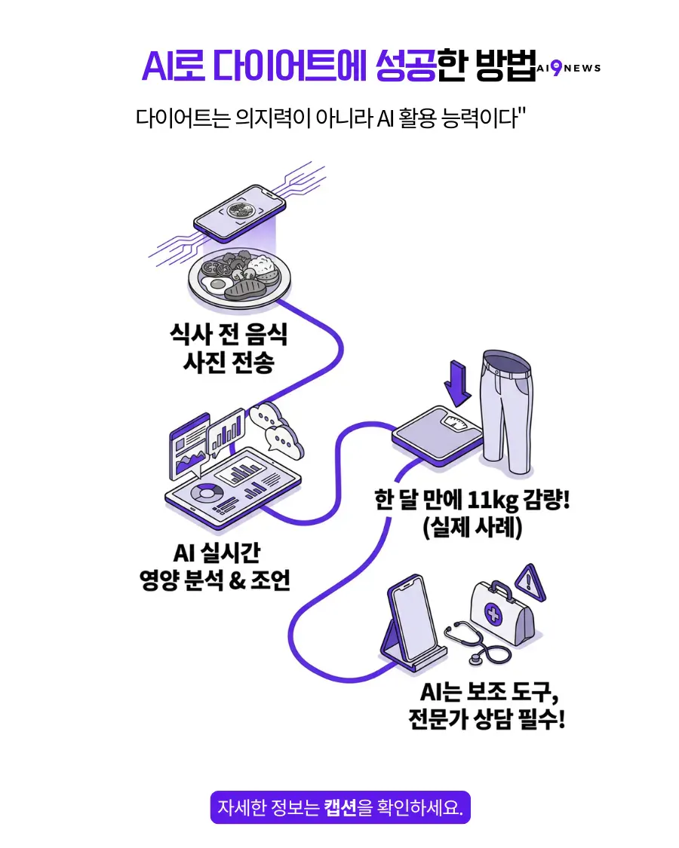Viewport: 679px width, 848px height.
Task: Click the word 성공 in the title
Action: point(405,66)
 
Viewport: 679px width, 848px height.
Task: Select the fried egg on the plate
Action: point(214,284)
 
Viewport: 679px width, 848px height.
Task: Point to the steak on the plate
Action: point(245,288)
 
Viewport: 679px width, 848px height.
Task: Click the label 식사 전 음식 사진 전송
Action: point(229,348)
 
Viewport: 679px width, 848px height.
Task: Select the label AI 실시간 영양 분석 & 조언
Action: point(215,567)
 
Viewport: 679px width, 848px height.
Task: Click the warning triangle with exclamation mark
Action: point(527,580)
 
